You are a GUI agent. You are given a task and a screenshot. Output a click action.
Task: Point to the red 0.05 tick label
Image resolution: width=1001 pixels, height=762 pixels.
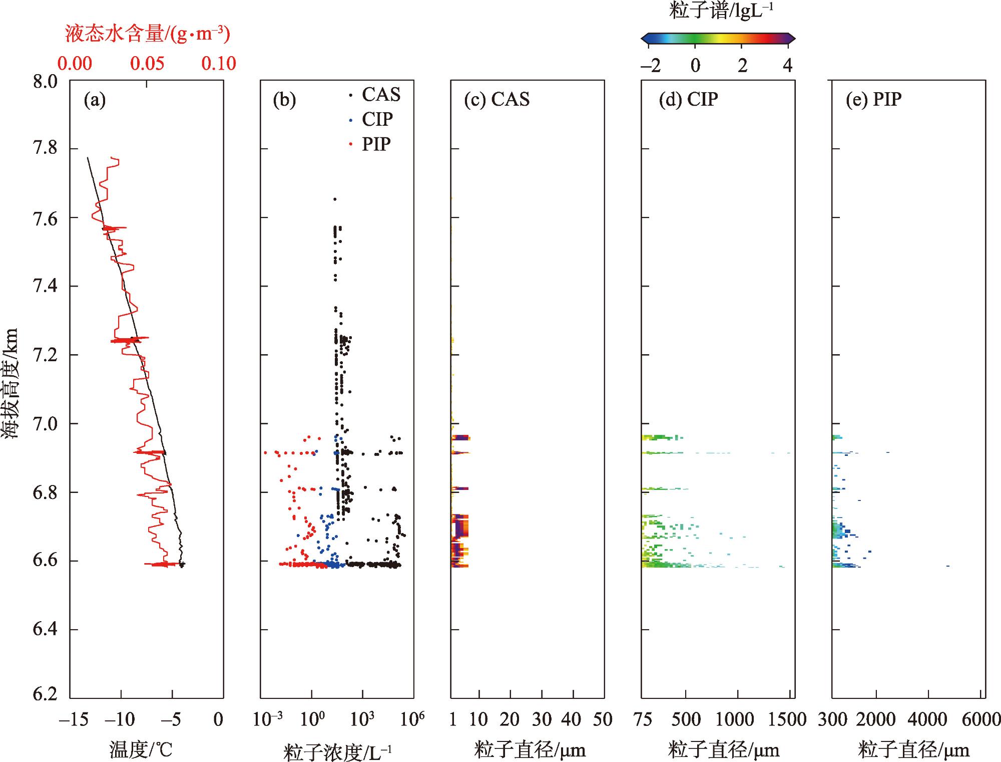(147, 63)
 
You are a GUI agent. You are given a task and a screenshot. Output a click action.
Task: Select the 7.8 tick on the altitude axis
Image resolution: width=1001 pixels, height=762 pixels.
(45, 149)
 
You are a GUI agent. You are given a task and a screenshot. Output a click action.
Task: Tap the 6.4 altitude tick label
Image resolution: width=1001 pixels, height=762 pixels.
(45, 629)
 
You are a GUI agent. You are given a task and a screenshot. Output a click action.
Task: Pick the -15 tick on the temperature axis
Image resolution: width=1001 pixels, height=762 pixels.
(73, 720)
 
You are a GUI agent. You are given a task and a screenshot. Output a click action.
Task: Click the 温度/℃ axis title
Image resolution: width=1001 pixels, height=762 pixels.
(141, 750)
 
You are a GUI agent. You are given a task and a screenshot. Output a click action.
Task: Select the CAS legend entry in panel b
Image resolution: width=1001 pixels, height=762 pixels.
(380, 94)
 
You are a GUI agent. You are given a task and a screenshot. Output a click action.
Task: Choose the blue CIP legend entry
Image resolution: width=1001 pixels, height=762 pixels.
(377, 119)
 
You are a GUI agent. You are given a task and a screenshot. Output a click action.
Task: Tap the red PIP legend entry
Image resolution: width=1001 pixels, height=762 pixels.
(376, 144)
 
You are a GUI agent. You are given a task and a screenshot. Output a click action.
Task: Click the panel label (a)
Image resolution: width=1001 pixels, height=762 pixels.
(95, 100)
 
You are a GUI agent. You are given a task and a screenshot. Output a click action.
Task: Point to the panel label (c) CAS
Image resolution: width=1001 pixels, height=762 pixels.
(496, 99)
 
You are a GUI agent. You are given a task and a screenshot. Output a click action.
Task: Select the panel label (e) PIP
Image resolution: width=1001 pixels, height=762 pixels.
(874, 99)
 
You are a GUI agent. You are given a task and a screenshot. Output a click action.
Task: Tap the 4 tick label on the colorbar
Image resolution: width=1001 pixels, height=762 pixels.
(787, 65)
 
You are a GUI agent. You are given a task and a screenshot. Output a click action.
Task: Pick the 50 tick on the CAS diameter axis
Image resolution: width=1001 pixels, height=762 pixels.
(603, 720)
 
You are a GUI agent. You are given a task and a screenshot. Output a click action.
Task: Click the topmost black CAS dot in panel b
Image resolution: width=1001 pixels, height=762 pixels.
(335, 199)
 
